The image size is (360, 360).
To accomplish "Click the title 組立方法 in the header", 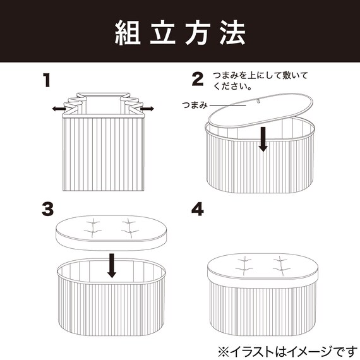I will [x=180, y=32].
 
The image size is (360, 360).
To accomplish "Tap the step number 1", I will [x=46, y=80].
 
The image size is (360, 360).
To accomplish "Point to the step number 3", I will [x=46, y=209].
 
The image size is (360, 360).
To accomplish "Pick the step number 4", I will [x=198, y=209].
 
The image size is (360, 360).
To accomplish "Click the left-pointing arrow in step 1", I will [x=59, y=109].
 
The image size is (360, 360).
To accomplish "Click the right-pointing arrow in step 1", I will [x=147, y=110].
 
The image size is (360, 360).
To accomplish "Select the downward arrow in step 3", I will [x=112, y=265].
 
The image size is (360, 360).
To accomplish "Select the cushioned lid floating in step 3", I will [x=112, y=232].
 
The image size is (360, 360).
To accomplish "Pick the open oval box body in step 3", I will [x=112, y=297].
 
